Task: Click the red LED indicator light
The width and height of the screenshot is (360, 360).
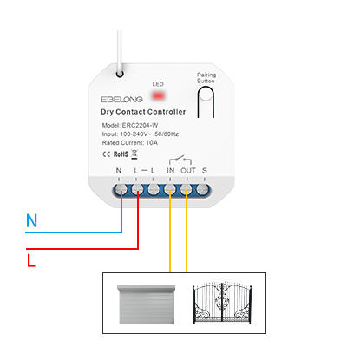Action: pyautogui.click(x=158, y=95)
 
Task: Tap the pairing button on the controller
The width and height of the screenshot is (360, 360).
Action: pyautogui.click(x=206, y=101)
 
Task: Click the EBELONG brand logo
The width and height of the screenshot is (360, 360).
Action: pyautogui.click(x=121, y=100)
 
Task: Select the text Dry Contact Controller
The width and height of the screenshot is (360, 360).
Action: pyautogui.click(x=143, y=112)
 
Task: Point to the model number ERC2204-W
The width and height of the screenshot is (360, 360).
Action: pyautogui.click(x=140, y=125)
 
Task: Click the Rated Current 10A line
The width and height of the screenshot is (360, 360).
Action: pyautogui.click(x=130, y=142)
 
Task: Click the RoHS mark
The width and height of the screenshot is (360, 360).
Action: pyautogui.click(x=121, y=154)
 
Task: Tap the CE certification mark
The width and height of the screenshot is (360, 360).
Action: pyautogui.click(x=106, y=154)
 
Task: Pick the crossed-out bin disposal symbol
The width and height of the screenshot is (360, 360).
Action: pyautogui.click(x=134, y=154)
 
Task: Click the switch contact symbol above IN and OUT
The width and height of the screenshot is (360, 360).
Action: pyautogui.click(x=180, y=160)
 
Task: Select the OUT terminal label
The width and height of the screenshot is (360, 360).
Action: pyautogui.click(x=188, y=171)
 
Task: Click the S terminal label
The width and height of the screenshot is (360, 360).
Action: pyautogui.click(x=205, y=171)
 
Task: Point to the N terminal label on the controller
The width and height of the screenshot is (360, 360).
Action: pyautogui.click(x=119, y=171)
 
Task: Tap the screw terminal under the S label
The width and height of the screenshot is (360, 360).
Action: pyautogui.click(x=202, y=190)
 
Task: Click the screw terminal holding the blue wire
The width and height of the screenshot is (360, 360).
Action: pyautogui.click(x=121, y=190)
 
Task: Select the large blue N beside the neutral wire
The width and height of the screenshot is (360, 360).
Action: pyautogui.click(x=31, y=220)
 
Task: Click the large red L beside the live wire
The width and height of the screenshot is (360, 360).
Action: pyautogui.click(x=31, y=260)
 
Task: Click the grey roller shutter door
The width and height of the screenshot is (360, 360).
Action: pyautogui.click(x=147, y=304)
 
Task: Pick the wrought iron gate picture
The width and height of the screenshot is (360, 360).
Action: pyautogui.click(x=222, y=303)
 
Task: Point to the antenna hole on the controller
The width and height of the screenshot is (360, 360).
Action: pyautogui.click(x=120, y=74)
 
